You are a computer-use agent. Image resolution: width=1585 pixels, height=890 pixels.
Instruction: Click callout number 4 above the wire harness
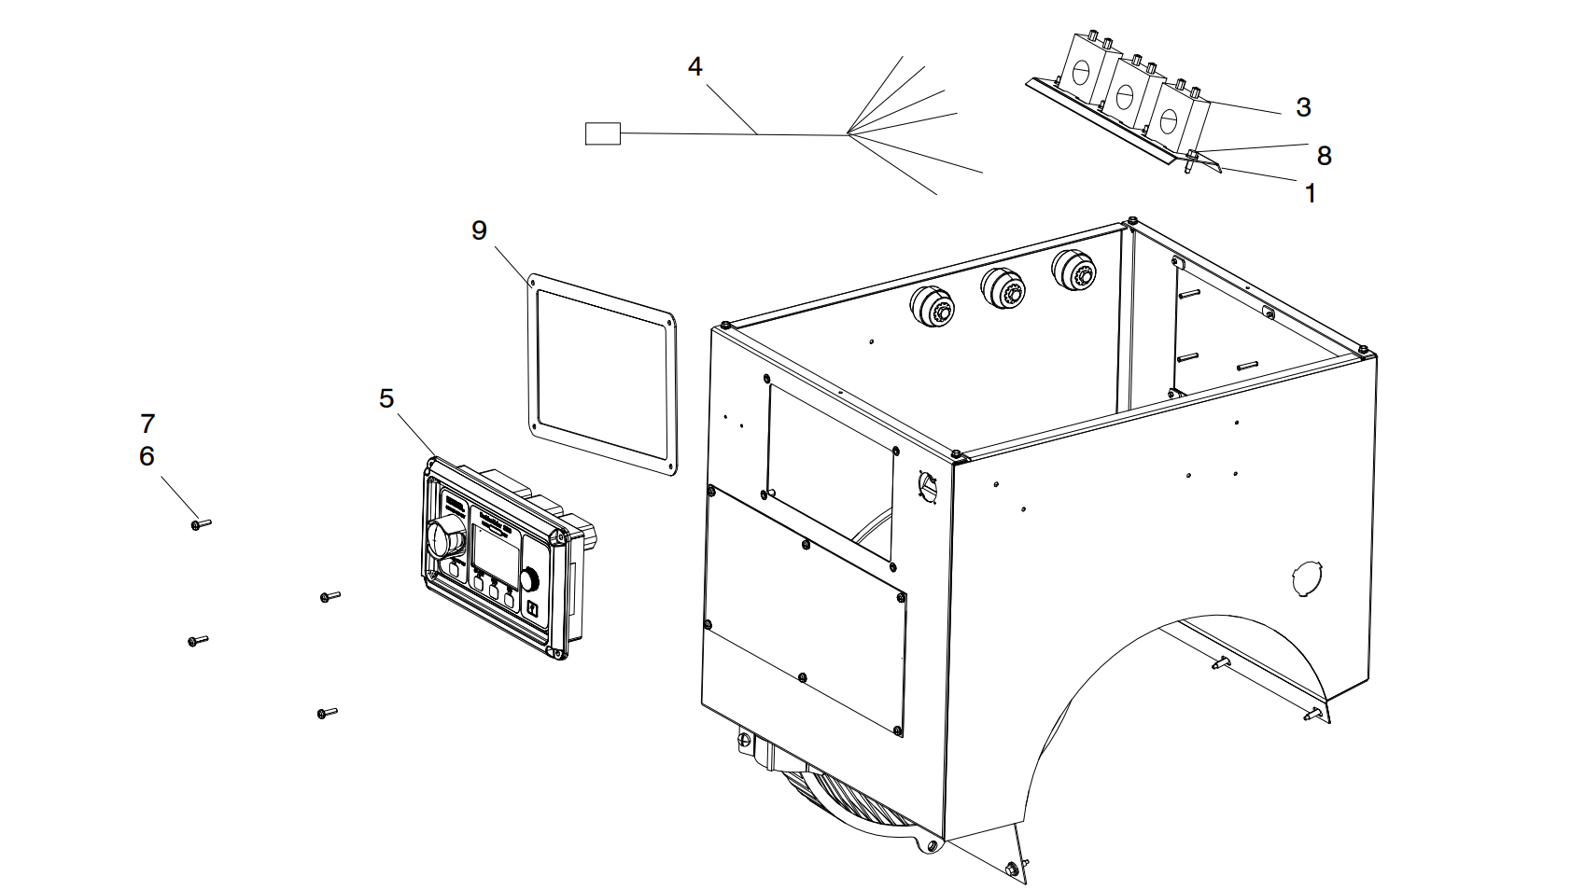click(694, 67)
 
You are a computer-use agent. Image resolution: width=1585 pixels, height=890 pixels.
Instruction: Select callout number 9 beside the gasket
click(479, 230)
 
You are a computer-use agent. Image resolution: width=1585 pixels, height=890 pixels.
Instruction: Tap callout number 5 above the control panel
click(386, 398)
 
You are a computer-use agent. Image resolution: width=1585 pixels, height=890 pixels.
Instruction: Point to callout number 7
click(147, 424)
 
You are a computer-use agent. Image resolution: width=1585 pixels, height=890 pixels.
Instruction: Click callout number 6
click(147, 456)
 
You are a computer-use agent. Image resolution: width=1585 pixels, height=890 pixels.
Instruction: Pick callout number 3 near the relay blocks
click(1304, 107)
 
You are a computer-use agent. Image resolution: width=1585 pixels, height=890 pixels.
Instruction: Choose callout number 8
click(1324, 155)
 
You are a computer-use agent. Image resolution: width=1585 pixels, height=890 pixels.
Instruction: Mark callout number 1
click(1311, 193)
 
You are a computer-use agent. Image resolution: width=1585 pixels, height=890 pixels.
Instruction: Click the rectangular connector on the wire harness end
click(602, 133)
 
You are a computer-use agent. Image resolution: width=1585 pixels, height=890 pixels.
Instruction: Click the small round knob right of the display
click(529, 579)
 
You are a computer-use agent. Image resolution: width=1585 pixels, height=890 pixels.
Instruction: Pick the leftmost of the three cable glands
click(931, 306)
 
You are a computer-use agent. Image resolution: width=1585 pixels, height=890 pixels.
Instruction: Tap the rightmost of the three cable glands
click(1073, 271)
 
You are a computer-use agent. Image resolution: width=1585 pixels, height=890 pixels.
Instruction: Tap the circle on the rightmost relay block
click(1167, 119)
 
